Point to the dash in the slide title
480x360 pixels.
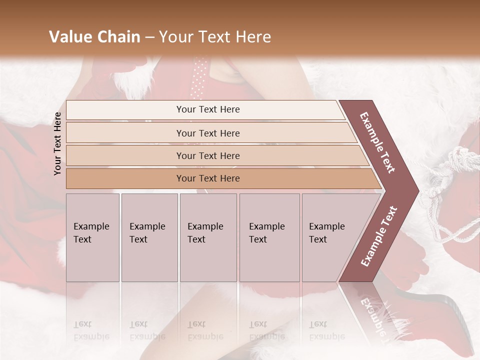click(x=149, y=37)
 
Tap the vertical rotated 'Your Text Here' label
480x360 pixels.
click(x=57, y=143)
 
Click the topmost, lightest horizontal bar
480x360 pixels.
click(x=207, y=109)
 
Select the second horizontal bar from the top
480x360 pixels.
click(x=207, y=133)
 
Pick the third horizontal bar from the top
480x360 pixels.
click(x=207, y=155)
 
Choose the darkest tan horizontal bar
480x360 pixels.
click(x=207, y=178)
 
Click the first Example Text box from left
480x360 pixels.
click(x=92, y=237)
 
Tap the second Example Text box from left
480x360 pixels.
click(x=149, y=237)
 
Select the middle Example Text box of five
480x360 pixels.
click(x=208, y=237)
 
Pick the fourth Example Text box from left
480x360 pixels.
click(x=269, y=237)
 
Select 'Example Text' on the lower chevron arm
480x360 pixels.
click(x=379, y=236)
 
